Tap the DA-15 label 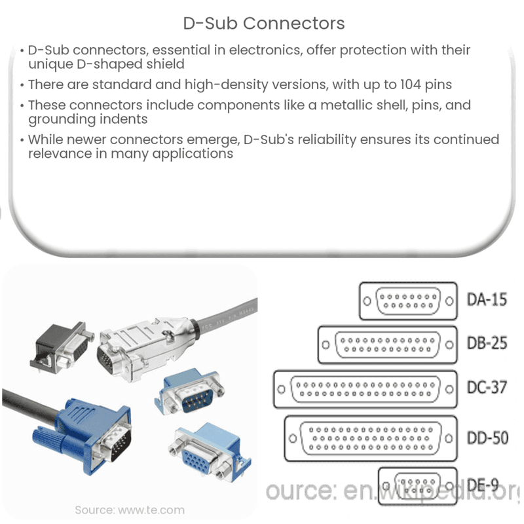tap(486, 301)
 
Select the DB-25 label tap(486, 343)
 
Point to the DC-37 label tap(486, 387)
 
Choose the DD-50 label tap(486, 437)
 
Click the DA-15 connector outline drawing tap(408, 301)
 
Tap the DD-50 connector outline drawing tap(371, 438)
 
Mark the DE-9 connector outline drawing tap(418, 486)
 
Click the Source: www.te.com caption tap(130, 510)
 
